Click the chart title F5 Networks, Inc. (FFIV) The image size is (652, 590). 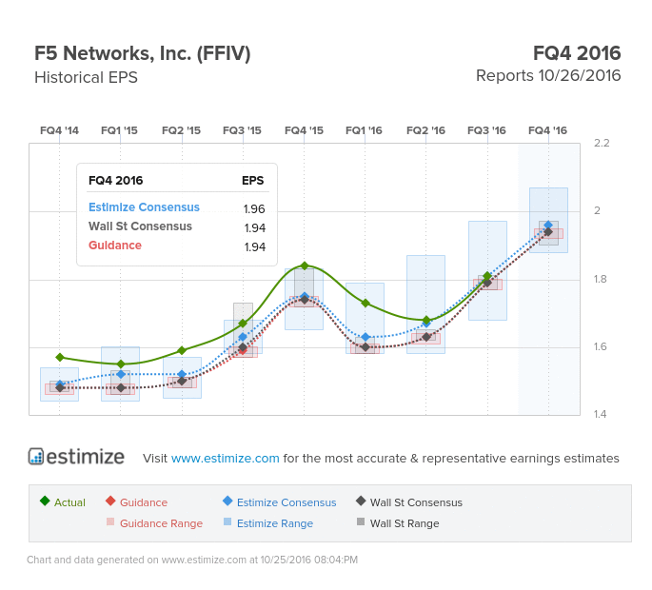(142, 53)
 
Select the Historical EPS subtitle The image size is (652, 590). (86, 77)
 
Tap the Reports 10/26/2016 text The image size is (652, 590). (548, 75)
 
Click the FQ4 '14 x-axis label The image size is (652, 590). (59, 130)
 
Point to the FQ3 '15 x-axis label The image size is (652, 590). (242, 130)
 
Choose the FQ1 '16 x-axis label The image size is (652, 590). (364, 130)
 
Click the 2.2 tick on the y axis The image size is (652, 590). (601, 143)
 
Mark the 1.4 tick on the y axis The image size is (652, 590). (601, 415)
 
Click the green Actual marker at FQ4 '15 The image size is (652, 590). (304, 265)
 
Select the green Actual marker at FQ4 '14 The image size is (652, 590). (60, 357)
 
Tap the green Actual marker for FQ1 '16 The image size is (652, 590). (365, 303)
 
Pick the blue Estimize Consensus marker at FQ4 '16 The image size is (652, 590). (548, 226)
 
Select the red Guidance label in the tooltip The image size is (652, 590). (115, 246)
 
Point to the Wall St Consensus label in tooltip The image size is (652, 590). (140, 226)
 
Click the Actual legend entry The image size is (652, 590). (64, 502)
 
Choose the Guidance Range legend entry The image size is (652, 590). (154, 523)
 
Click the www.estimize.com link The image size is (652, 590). (226, 458)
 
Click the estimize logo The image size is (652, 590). (76, 457)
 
